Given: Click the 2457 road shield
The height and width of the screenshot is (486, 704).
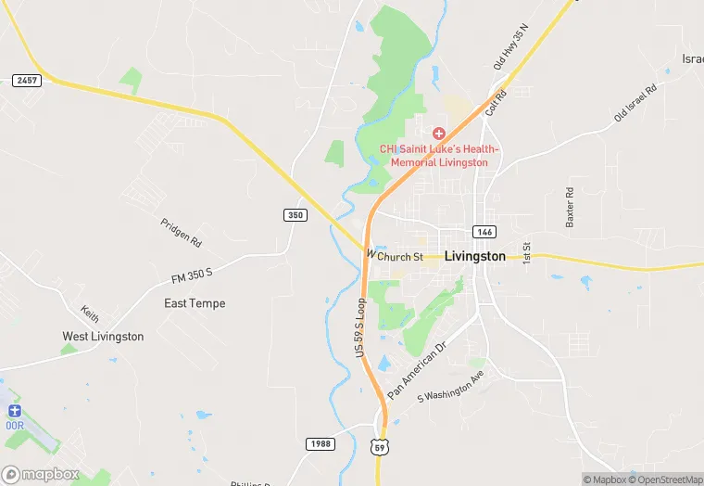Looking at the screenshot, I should [x=27, y=81].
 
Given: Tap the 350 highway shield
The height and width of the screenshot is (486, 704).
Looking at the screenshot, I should [x=295, y=215].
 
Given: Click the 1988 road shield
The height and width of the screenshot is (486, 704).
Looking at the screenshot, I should [x=320, y=445].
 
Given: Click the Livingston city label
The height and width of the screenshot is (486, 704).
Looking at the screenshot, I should [x=475, y=256].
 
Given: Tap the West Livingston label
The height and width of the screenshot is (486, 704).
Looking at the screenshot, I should [x=103, y=337].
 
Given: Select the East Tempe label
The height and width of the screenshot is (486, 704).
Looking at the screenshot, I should [x=195, y=303].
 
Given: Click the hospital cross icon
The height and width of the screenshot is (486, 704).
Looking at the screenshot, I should [x=439, y=134].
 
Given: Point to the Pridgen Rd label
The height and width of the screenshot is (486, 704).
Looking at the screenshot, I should [x=182, y=233].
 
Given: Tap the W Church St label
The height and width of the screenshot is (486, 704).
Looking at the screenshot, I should [x=396, y=255].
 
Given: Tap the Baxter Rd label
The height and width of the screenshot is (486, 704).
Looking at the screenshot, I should [x=571, y=208].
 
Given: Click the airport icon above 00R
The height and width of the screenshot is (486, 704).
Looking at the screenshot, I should [x=13, y=410].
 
